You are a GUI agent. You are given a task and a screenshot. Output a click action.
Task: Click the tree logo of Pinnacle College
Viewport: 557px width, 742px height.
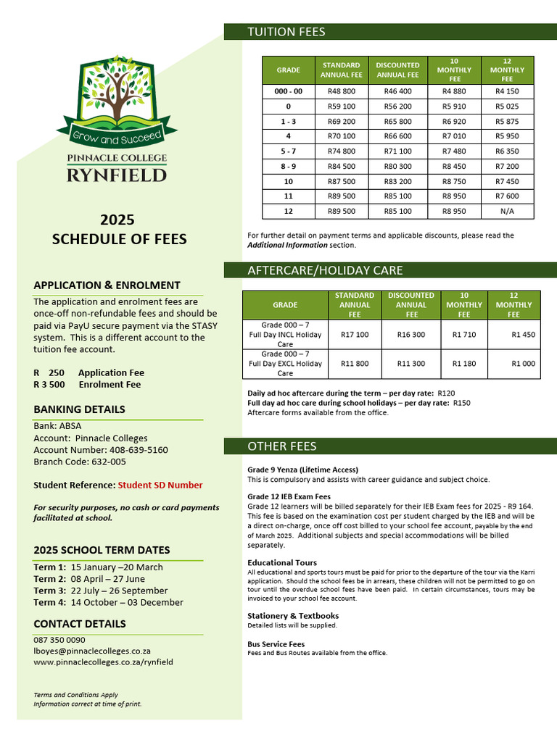coord(111,94)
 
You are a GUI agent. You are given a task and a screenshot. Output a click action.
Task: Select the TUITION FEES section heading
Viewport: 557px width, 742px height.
coord(286,32)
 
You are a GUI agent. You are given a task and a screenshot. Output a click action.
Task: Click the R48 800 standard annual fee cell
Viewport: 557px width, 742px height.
coord(342,92)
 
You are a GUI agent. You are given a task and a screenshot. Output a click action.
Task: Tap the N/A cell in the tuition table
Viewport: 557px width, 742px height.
coord(507,212)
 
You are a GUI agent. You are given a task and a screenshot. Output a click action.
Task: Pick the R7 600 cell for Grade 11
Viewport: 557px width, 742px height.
coord(507,196)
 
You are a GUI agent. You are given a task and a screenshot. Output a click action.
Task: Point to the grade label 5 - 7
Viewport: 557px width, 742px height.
coord(289,151)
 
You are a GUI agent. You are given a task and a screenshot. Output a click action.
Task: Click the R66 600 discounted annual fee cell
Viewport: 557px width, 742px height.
coord(397,136)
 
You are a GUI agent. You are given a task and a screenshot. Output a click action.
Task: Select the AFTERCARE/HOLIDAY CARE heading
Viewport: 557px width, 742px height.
coord(325,270)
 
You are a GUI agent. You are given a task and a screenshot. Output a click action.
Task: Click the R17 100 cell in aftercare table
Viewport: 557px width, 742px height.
coord(355,335)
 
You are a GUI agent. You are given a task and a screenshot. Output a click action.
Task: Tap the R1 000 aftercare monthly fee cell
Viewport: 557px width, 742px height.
coord(523,364)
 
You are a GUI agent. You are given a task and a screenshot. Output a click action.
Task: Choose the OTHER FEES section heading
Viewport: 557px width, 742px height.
coord(282,446)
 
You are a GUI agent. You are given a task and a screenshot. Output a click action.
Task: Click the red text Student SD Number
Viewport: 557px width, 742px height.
coord(160,485)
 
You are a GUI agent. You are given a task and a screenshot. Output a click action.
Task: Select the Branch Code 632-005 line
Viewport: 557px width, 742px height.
coord(80,462)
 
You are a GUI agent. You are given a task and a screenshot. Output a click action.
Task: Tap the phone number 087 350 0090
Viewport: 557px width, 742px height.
coord(59,640)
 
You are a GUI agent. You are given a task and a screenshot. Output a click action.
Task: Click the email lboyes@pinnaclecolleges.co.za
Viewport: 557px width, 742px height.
coord(92,651)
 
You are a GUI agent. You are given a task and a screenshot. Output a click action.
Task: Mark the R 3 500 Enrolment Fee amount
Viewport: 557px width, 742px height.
coord(49,384)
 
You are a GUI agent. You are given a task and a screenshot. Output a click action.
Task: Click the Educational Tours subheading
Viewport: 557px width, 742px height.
coord(282,562)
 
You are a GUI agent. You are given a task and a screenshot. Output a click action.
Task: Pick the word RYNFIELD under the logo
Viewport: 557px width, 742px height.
coord(117,175)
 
